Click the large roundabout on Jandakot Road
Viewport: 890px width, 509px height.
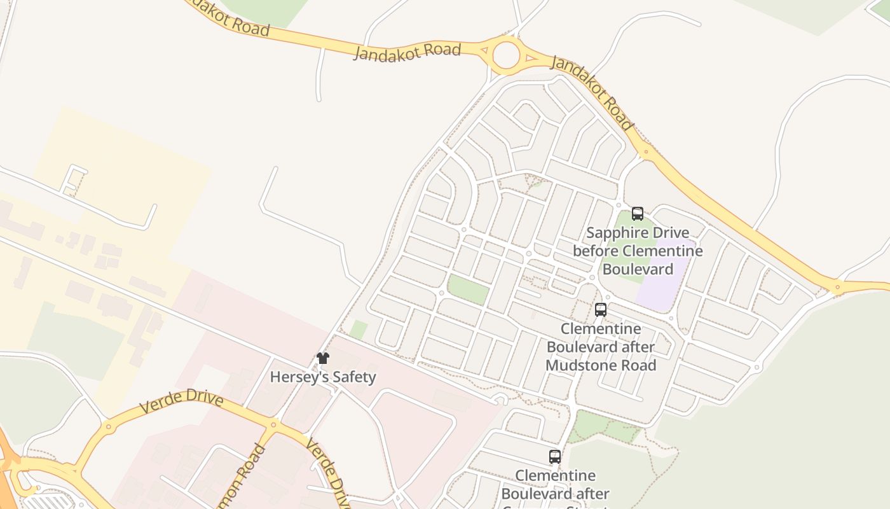coord(506,55)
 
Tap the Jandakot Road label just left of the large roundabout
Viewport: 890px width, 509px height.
coord(406,51)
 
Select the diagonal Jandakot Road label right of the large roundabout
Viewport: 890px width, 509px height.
coord(591,92)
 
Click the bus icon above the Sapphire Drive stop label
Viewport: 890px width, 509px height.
coord(638,214)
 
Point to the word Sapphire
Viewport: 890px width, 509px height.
coord(615,233)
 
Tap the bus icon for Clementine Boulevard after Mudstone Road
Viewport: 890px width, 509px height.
coord(601,310)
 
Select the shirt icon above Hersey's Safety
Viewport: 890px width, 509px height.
coord(323,358)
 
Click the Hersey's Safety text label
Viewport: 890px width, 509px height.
coord(323,377)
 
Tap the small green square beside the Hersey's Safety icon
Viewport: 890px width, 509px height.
coord(359,330)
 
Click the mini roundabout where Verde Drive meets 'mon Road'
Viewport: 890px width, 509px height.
coord(274,424)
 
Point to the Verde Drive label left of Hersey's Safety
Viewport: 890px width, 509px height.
coord(181,402)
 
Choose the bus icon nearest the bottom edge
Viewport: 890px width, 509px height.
coord(555,456)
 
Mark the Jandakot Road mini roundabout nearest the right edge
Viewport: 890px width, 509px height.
coord(837,288)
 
